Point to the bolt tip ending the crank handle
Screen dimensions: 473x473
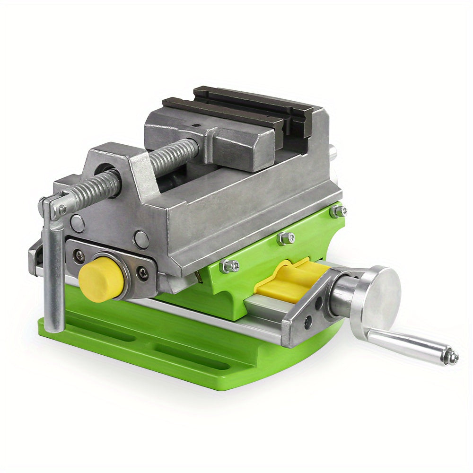click(x=453, y=357)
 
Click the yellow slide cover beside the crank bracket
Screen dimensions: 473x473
click(x=289, y=281)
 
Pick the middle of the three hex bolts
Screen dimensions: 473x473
click(x=285, y=238)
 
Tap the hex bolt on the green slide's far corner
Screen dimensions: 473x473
click(x=339, y=211)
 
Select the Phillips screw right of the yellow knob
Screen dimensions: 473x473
click(x=142, y=273)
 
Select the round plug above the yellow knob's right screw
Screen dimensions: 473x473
click(x=140, y=239)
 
